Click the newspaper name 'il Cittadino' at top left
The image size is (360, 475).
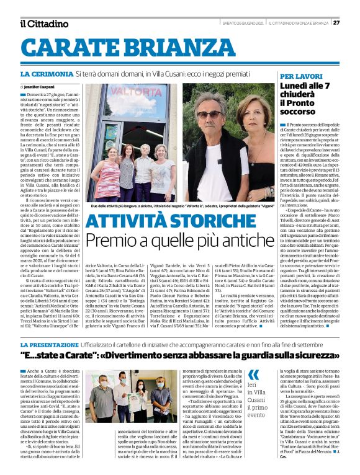pyautogui.click(x=44, y=24)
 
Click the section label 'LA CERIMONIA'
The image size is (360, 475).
pyautogui.click(x=47, y=74)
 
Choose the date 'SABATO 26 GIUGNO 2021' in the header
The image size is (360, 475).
pyautogui.click(x=240, y=23)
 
